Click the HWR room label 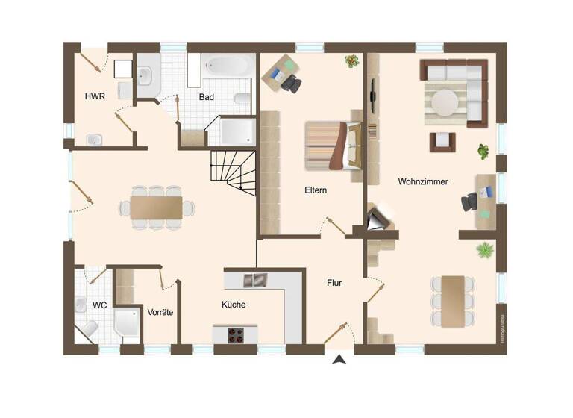click(94, 96)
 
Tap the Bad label click(207, 97)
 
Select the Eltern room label click(315, 190)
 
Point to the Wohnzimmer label click(423, 181)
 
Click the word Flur click(334, 283)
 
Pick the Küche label click(234, 305)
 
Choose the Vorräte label click(160, 312)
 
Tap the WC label click(99, 305)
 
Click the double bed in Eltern click(333, 146)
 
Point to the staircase click(233, 171)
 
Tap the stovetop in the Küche click(234, 334)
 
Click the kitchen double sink click(254, 281)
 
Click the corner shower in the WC click(127, 322)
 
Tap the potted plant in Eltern click(351, 61)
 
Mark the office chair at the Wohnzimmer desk click(470, 202)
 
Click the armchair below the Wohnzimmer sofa click(442, 140)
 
